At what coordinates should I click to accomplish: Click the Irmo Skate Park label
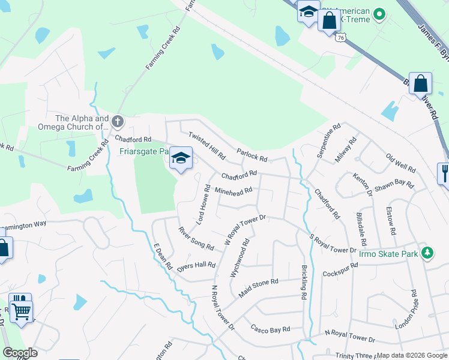click(388, 254)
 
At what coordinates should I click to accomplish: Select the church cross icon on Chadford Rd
click(118, 122)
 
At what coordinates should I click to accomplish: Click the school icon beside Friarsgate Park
click(181, 158)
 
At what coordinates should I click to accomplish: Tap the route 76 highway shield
click(340, 37)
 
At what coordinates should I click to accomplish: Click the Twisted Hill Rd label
click(207, 146)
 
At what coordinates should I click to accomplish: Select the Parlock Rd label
click(252, 155)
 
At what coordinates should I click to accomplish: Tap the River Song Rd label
click(196, 238)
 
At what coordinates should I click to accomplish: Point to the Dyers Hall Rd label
click(196, 265)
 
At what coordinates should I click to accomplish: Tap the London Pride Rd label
click(406, 310)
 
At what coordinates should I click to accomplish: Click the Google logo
click(20, 353)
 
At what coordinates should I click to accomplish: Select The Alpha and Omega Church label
click(82, 122)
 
